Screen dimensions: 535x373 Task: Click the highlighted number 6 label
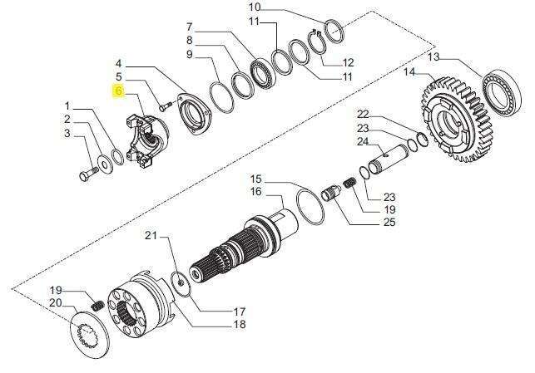click(x=119, y=91)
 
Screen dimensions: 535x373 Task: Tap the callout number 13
click(x=434, y=56)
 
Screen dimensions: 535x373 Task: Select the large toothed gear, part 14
click(x=455, y=120)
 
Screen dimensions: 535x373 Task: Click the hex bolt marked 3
click(x=88, y=173)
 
